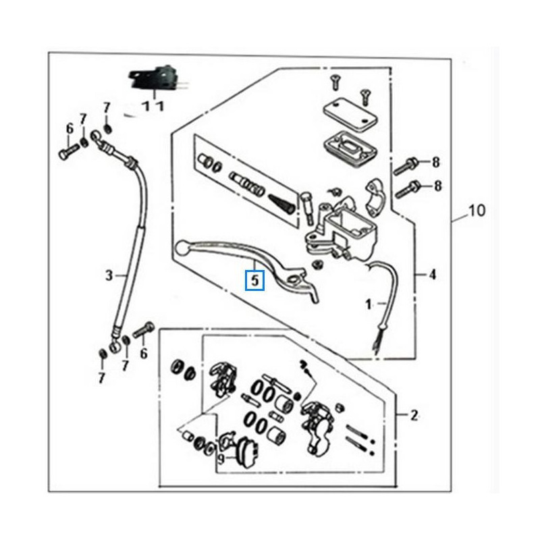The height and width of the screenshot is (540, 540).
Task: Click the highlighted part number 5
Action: [x=254, y=279]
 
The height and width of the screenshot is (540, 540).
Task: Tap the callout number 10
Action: [x=476, y=211]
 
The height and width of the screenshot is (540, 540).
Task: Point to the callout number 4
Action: [x=432, y=275]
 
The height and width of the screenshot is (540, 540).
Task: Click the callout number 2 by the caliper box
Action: [x=414, y=414]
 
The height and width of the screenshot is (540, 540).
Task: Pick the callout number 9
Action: [x=221, y=459]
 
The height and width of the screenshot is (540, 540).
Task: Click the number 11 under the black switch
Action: [x=153, y=106]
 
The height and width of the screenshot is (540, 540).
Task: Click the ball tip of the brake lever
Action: [x=181, y=248]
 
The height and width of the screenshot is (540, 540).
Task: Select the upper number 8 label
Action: [x=436, y=162]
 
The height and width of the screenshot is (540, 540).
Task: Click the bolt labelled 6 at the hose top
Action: [x=67, y=152]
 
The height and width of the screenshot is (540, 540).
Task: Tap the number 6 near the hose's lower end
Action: [x=143, y=354]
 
